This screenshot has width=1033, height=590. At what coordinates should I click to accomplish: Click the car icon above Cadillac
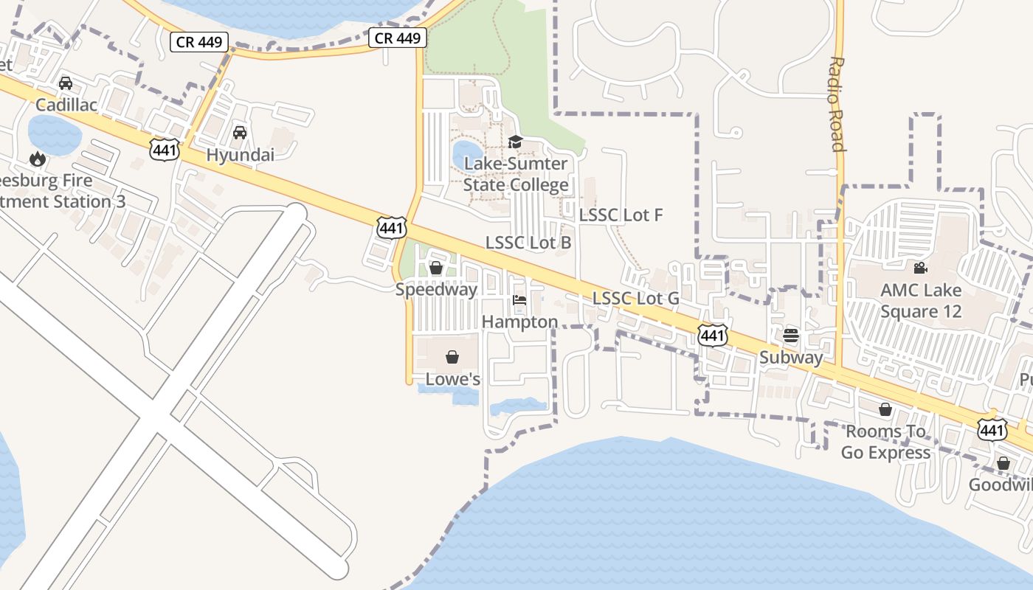coord(66,83)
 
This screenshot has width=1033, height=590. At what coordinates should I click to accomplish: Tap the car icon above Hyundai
coord(239,133)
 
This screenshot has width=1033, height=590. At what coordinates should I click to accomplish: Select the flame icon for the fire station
coord(37,159)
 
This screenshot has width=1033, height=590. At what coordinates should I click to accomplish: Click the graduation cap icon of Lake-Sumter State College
coord(515,142)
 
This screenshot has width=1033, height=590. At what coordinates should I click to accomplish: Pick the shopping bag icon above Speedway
coord(436,268)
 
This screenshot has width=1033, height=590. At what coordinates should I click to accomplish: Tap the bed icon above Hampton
coord(519,300)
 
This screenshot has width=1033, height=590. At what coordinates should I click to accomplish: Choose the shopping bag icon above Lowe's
coord(452,358)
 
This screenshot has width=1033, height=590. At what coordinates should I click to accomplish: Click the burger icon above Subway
coord(791,336)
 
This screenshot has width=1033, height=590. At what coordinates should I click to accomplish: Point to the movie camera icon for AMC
coord(920,268)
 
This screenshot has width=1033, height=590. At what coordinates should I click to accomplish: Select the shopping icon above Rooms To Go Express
coord(885,409)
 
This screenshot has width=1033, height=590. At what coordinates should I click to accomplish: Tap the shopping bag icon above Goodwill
coord(1003,463)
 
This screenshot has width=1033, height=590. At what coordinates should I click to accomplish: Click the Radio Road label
coord(837,104)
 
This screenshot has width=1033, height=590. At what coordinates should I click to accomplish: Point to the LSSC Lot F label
coord(621,215)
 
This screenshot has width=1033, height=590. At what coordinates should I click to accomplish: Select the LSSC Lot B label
coord(528,243)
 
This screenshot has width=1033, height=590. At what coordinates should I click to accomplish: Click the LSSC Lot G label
coord(635,299)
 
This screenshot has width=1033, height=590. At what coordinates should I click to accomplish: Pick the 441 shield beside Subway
coord(713,336)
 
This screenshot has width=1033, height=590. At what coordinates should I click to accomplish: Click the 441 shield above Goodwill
coord(992,429)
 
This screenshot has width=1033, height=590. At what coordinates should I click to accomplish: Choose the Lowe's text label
coord(453,380)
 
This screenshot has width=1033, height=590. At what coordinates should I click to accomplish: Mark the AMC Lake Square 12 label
coord(920,300)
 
